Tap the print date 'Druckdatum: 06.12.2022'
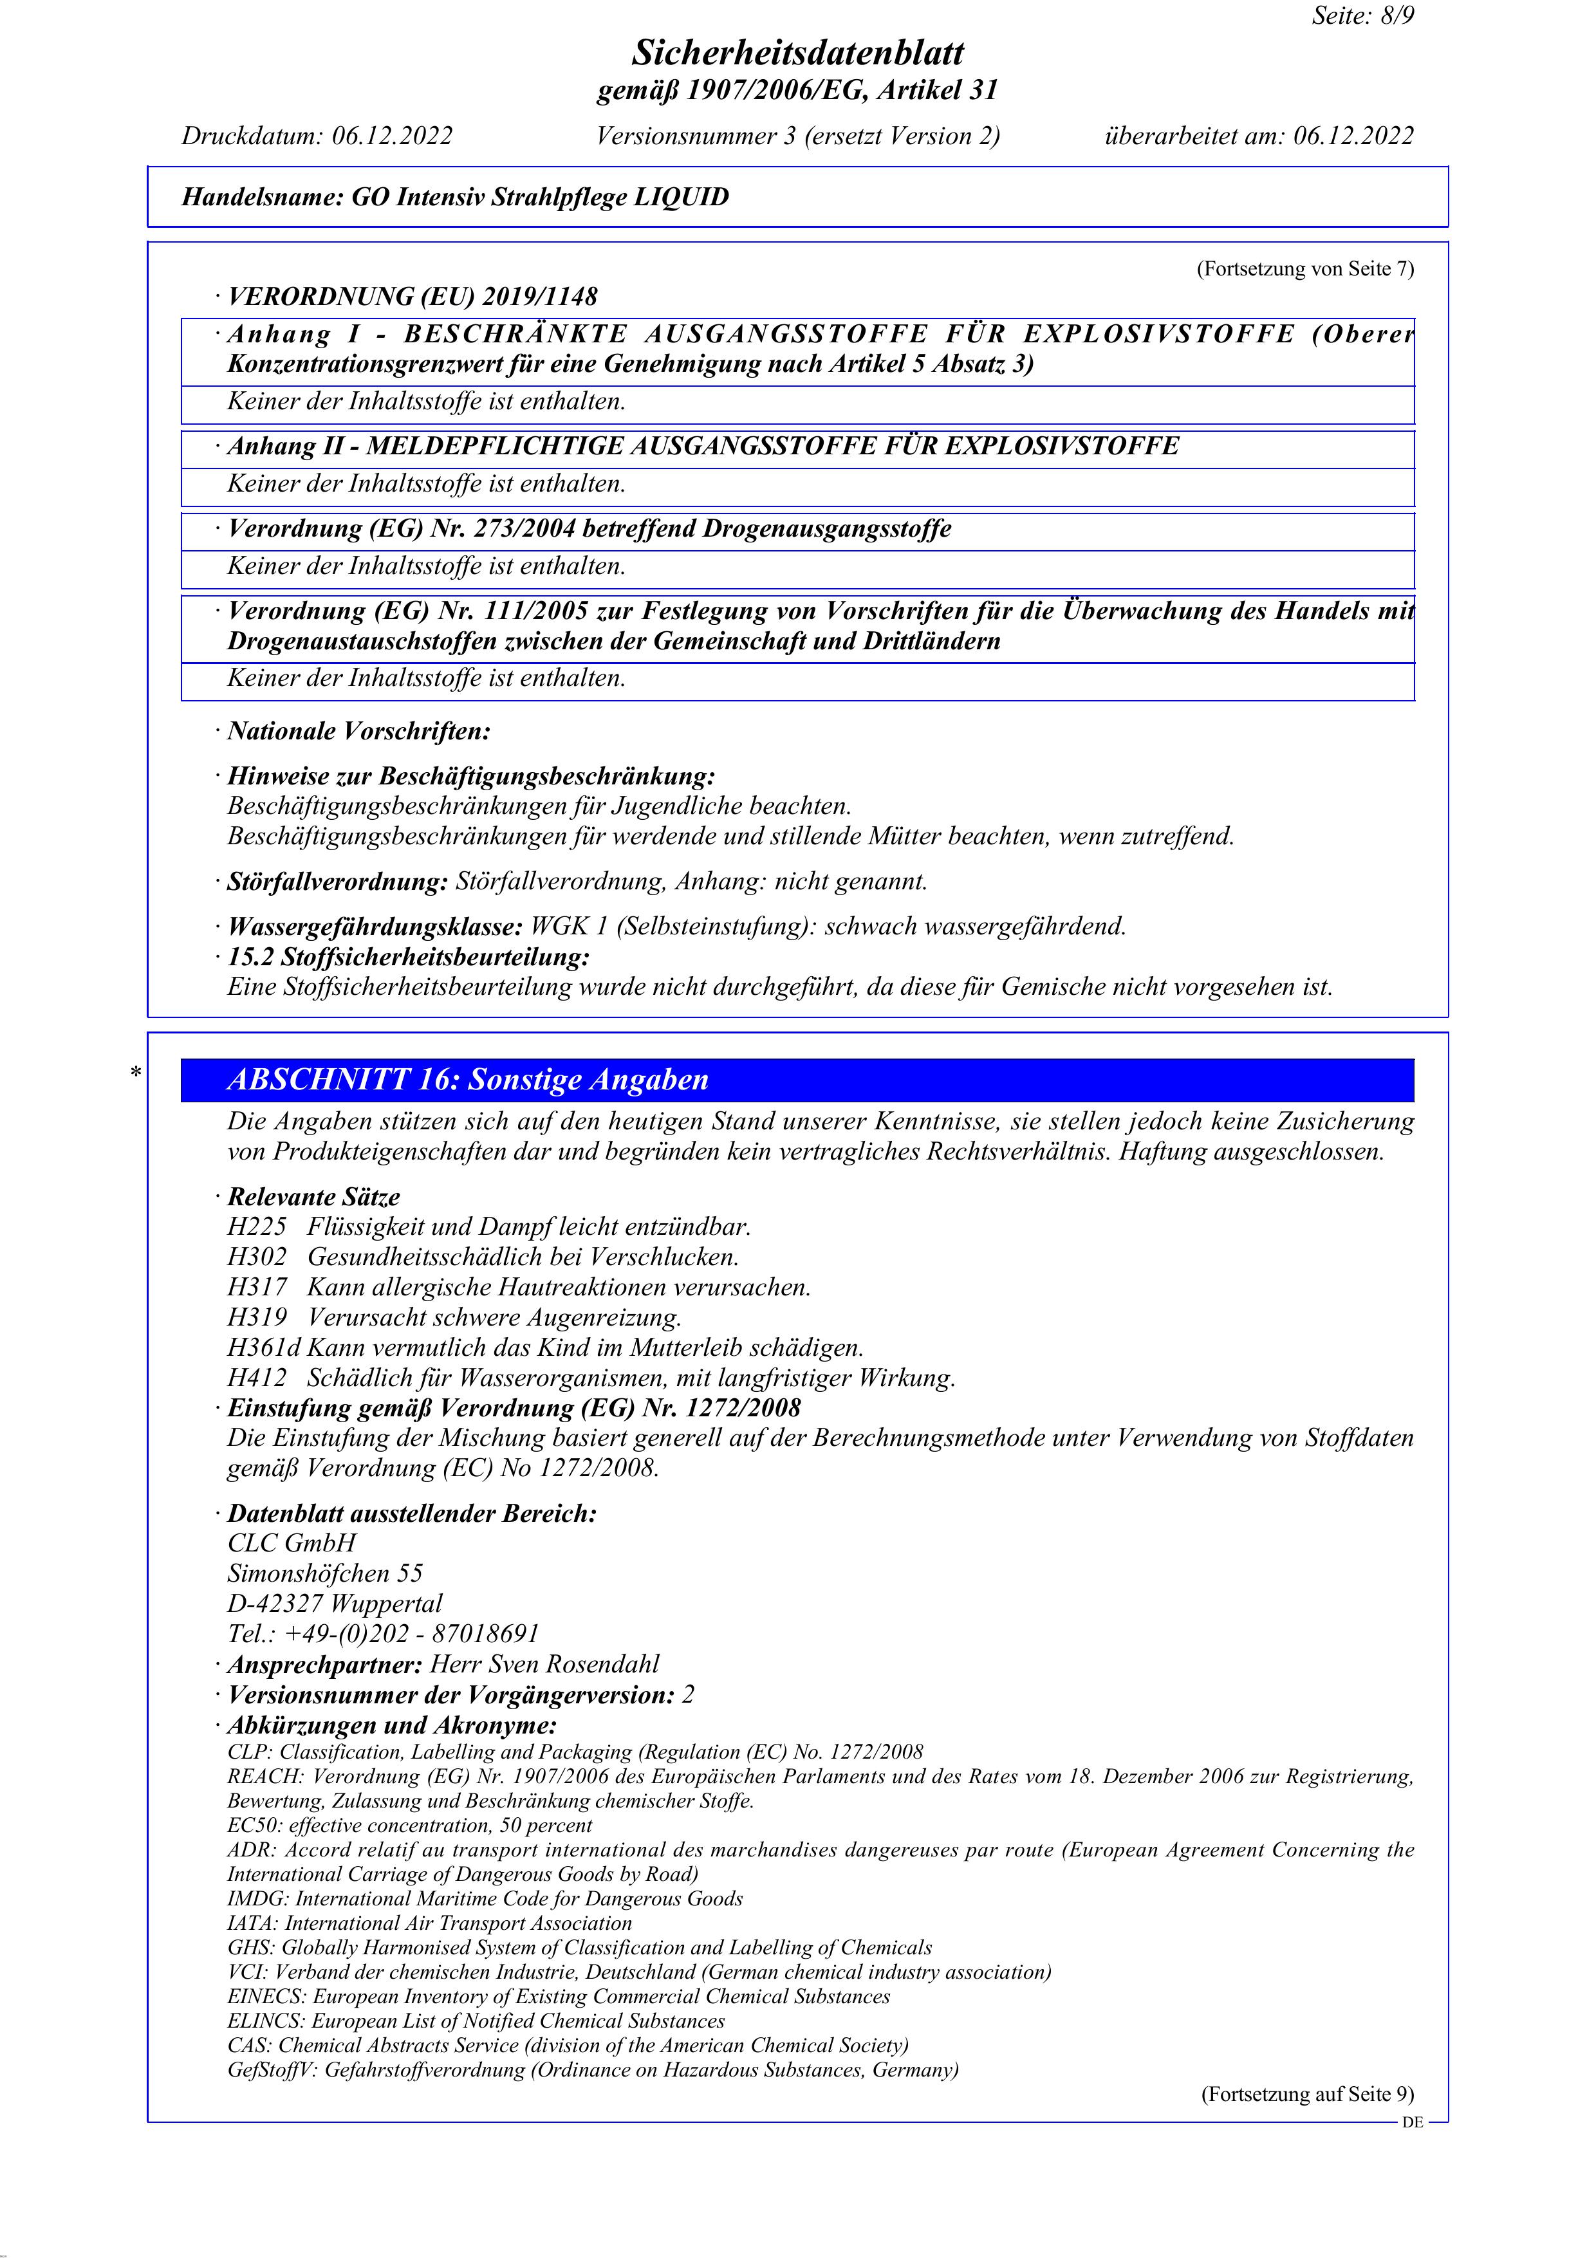point(317,136)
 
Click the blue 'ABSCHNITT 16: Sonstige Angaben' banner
point(797,1080)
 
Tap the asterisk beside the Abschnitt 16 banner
point(136,1073)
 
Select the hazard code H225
point(257,1226)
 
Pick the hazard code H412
point(257,1378)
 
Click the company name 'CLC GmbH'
point(292,1543)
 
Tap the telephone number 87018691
point(486,1634)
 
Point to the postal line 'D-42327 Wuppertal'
point(335,1603)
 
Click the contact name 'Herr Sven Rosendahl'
point(545,1664)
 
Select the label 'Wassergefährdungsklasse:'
point(375,927)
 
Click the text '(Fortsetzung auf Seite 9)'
point(1307,2094)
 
